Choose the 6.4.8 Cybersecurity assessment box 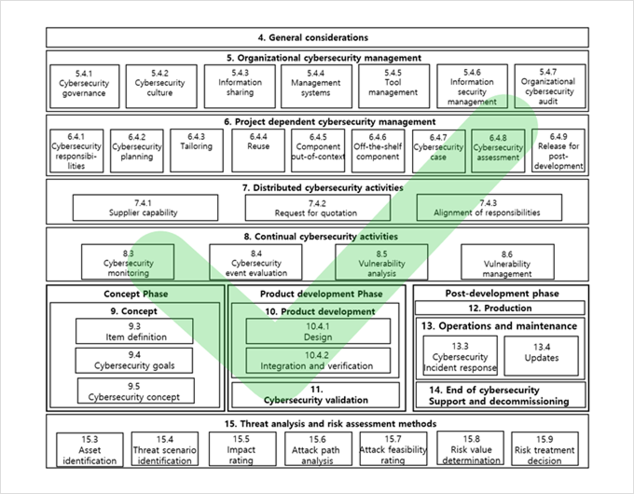point(498,149)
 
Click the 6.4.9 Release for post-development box point(559,149)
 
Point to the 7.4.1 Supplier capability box point(145,208)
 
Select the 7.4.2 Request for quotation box point(318,208)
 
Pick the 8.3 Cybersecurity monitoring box point(129,264)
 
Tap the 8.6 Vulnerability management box point(507,264)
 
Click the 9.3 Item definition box point(136,331)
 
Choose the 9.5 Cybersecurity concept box point(136,391)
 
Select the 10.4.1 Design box point(318,331)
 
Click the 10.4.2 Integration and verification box point(318,361)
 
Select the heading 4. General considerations point(318,38)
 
